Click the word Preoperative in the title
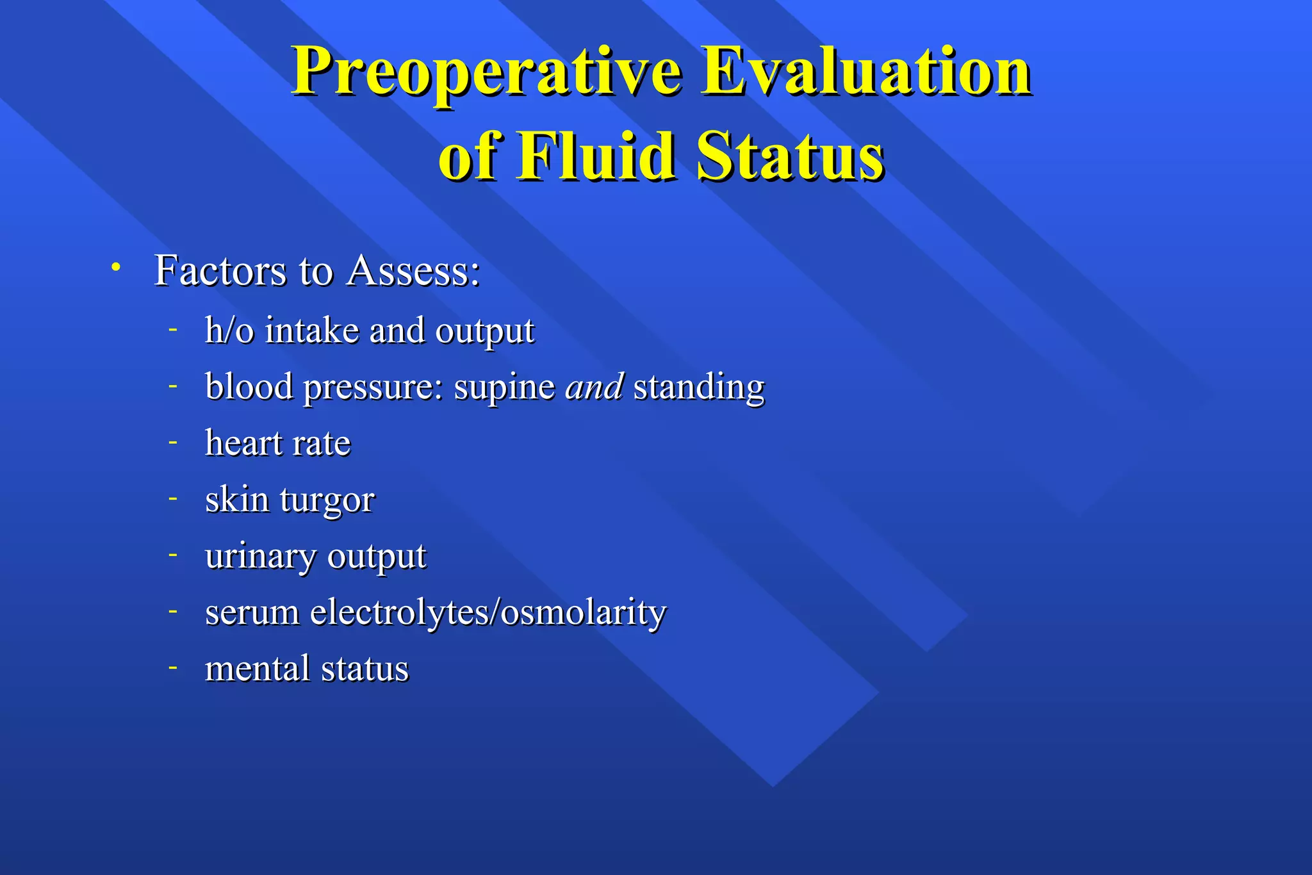487,72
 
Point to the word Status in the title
791,156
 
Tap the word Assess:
413,270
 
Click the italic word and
594,387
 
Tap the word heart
243,443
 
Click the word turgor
327,500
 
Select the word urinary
261,557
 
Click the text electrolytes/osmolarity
488,612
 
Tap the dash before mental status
172,667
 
